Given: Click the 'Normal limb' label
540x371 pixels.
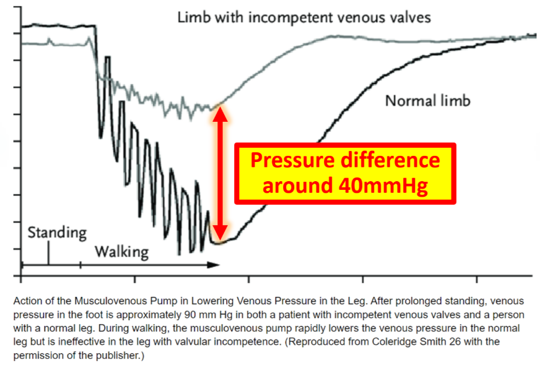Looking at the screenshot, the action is coord(427,101).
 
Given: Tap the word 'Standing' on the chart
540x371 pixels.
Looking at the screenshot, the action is coord(57,232).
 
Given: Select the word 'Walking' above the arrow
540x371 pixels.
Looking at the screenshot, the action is coord(122,252).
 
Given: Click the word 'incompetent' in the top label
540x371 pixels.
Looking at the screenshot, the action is coord(291,17).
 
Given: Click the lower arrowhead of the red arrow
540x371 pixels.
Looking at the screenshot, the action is coord(220,232).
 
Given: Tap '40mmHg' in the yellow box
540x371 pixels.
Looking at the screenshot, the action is coord(383,185).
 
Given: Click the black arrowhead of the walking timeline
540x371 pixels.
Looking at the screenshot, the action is coord(214,265).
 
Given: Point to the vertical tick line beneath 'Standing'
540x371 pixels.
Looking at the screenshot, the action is coord(48,253).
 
